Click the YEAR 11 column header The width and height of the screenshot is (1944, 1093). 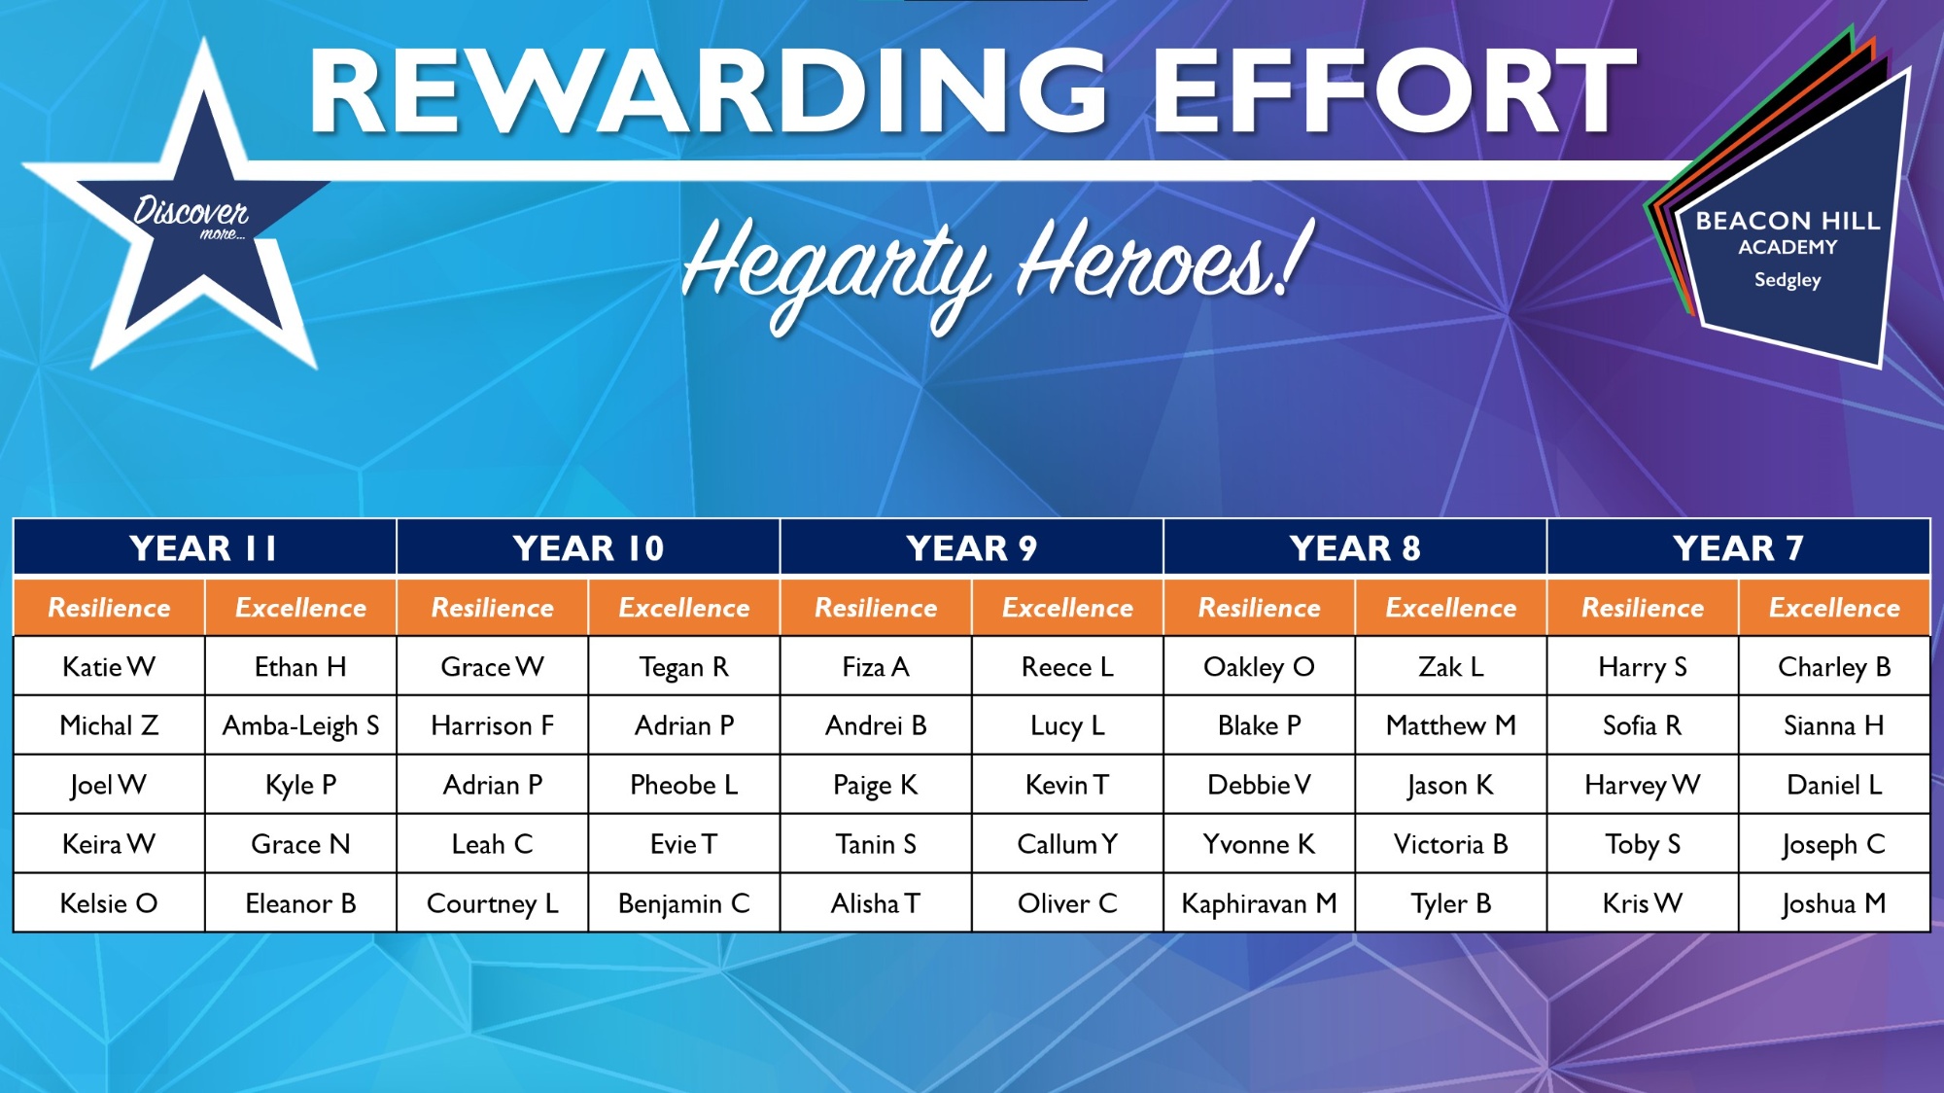(x=204, y=547)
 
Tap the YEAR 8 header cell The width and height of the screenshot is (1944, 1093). (x=1355, y=547)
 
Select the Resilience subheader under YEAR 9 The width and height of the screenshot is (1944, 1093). (x=876, y=608)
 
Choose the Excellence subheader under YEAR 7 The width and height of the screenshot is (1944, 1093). (x=1834, y=608)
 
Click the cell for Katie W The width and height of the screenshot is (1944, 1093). (x=109, y=667)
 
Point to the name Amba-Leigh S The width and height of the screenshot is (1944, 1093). (x=301, y=726)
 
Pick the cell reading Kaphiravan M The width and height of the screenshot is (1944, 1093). (x=1259, y=903)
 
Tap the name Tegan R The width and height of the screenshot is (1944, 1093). (x=684, y=668)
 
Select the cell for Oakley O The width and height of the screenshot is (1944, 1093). (x=1259, y=667)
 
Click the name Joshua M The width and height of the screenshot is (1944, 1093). (x=1834, y=904)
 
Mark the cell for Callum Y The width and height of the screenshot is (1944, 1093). (x=1067, y=844)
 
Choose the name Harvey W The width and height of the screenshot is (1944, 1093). (x=1643, y=786)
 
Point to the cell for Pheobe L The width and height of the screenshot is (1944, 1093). (x=684, y=785)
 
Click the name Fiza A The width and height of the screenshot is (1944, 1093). (x=876, y=667)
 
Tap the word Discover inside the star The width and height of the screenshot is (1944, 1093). (x=191, y=209)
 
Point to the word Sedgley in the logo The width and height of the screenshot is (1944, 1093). (x=1788, y=280)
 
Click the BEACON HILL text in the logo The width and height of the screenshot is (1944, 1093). (x=1788, y=221)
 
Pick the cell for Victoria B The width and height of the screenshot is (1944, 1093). (x=1450, y=844)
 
